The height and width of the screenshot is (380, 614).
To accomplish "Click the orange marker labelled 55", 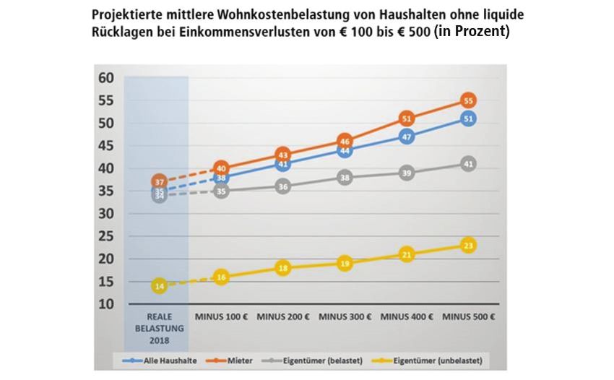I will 468,100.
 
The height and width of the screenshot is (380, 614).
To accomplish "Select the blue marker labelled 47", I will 407,137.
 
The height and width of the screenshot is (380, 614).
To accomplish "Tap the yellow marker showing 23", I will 468,246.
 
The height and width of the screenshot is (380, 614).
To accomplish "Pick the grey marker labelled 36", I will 283,186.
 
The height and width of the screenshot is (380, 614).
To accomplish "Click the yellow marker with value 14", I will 160,286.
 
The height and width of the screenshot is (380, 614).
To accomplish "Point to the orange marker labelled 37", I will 160,181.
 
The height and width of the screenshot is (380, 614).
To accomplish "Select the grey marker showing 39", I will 407,173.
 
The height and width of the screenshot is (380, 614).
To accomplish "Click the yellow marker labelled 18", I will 283,268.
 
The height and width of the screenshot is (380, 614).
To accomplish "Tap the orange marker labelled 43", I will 283,155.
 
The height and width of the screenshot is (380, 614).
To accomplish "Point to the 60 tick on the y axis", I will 106,77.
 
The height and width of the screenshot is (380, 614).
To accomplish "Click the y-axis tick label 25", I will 106,236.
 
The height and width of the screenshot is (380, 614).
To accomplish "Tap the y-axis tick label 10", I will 106,304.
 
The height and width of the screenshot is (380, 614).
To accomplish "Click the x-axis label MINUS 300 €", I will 345,316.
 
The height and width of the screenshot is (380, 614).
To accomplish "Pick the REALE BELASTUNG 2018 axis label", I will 160,327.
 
